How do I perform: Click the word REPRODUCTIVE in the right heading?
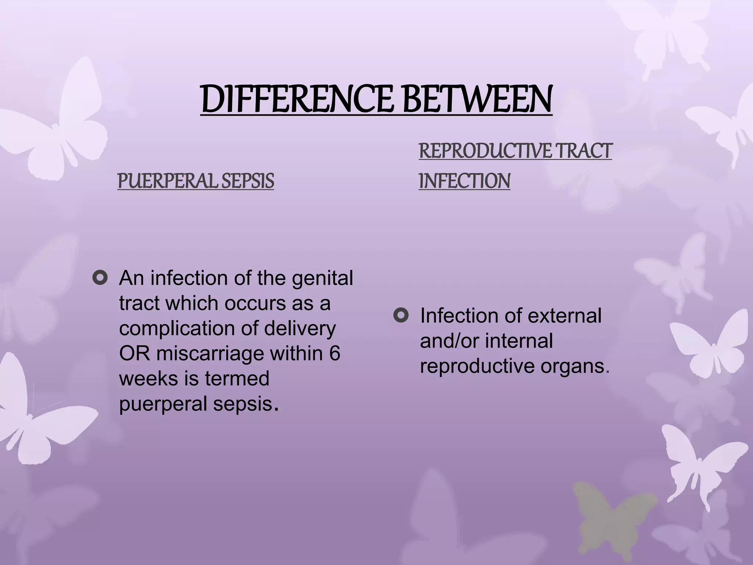(x=485, y=151)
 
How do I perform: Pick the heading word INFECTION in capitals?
(x=464, y=181)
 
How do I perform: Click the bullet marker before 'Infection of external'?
(x=401, y=315)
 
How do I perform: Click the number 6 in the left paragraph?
(x=335, y=353)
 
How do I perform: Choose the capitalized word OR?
(x=134, y=353)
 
